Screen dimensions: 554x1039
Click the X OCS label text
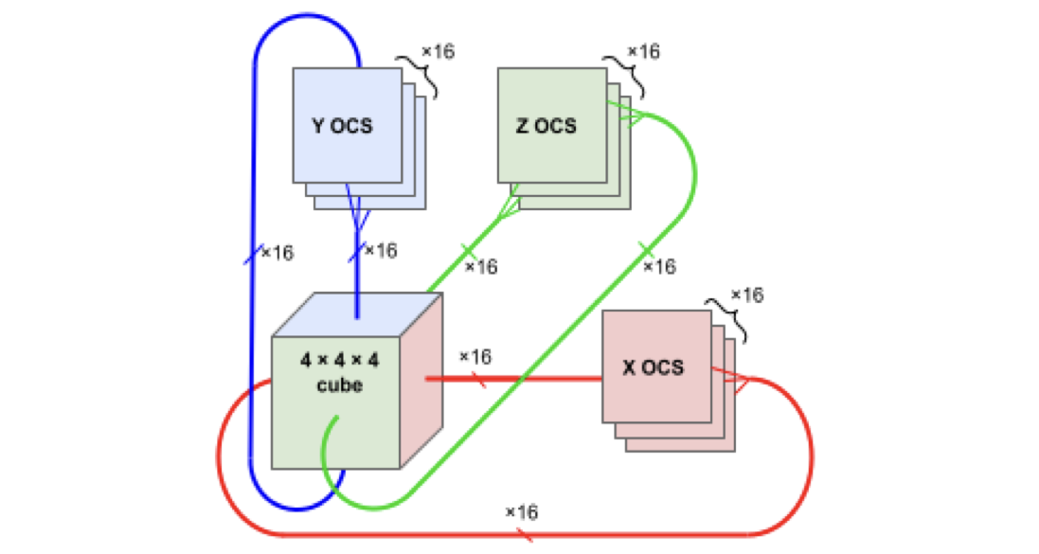click(653, 366)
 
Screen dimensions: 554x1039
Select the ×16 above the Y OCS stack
click(438, 51)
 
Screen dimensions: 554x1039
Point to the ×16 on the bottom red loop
click(521, 511)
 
